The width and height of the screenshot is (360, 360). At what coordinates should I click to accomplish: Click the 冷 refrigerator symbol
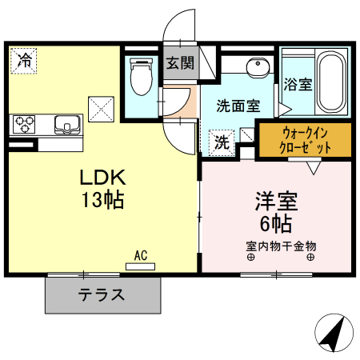[x=25, y=59]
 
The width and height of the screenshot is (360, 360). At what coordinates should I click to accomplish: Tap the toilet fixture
[x=141, y=76]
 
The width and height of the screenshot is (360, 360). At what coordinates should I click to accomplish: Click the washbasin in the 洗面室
[x=257, y=67]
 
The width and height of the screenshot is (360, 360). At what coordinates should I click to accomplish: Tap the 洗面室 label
[x=240, y=105]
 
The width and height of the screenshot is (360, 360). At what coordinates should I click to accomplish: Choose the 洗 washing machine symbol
[x=220, y=142]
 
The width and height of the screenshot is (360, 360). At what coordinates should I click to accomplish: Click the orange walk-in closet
[x=304, y=140]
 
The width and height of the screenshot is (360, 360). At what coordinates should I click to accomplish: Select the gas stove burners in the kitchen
[x=24, y=124]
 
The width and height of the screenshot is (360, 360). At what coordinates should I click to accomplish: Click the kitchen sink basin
[x=67, y=123]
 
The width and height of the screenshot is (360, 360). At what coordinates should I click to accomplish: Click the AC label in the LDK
[x=141, y=256]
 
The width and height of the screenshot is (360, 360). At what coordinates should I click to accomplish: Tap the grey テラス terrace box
[x=102, y=295]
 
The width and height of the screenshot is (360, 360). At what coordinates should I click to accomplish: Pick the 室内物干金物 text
[x=280, y=245]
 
